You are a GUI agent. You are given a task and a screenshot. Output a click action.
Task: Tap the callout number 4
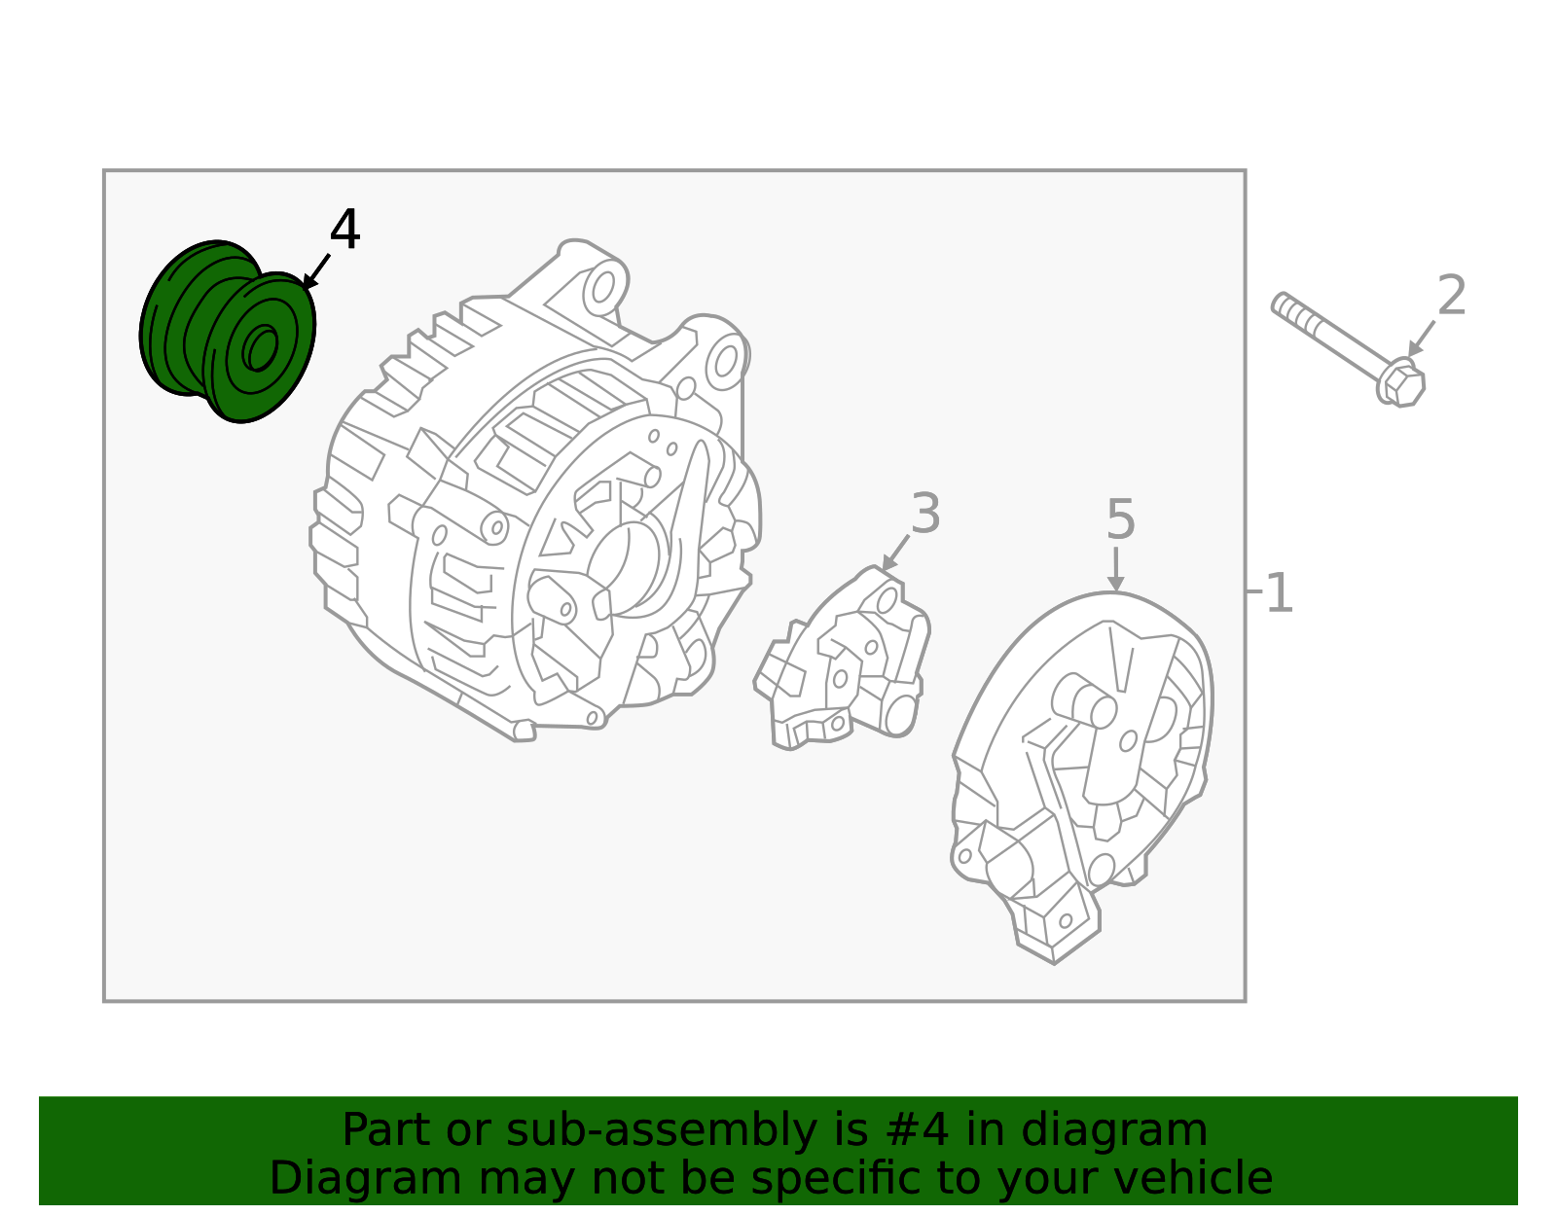click(x=344, y=231)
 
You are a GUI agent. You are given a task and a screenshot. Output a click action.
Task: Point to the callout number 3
click(x=925, y=514)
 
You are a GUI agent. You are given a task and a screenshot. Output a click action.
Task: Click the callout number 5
click(x=1120, y=519)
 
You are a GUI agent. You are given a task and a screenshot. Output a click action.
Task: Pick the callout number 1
click(x=1279, y=592)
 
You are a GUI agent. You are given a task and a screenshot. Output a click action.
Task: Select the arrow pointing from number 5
click(x=1116, y=568)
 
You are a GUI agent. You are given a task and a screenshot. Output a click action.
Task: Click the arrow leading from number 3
click(x=896, y=554)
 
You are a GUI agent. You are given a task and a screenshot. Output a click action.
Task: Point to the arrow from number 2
click(x=1422, y=339)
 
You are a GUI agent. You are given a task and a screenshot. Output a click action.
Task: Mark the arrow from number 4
click(x=317, y=270)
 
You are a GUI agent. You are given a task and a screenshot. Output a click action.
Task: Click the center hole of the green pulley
click(x=261, y=347)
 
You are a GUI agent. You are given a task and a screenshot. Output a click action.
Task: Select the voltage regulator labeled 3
click(x=844, y=661)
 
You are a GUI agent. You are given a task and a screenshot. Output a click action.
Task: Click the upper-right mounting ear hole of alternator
click(x=726, y=361)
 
